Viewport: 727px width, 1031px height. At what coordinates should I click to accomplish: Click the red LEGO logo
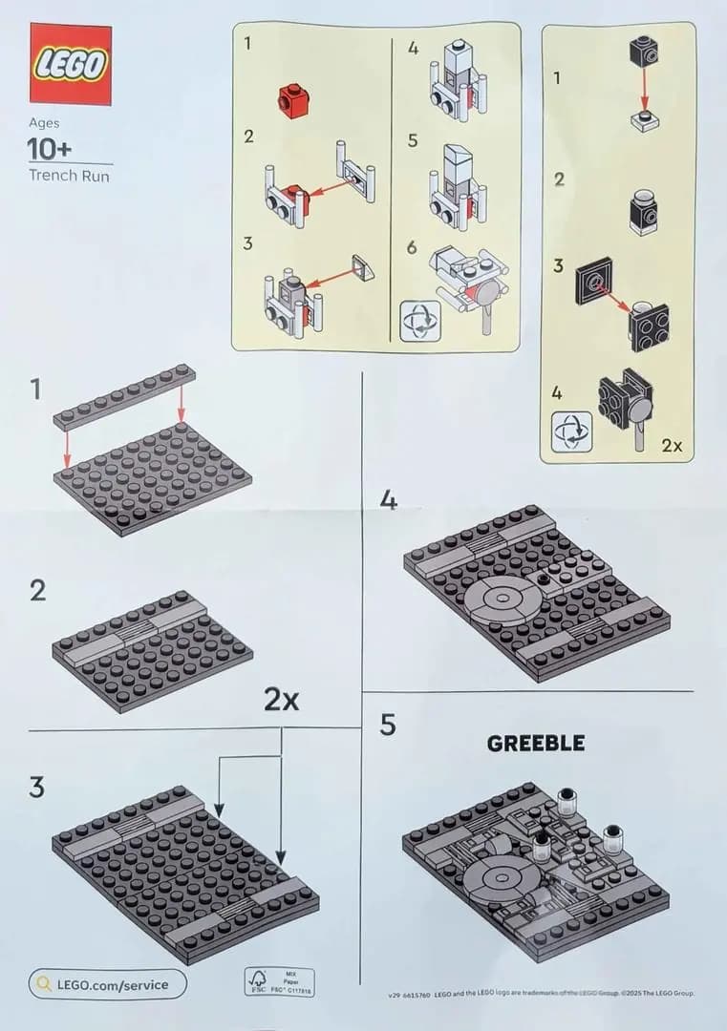click(70, 63)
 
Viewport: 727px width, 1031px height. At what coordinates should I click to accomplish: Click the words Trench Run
click(69, 176)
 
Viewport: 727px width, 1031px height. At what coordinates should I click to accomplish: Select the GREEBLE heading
click(535, 744)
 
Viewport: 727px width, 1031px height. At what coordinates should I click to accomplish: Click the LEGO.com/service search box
click(107, 983)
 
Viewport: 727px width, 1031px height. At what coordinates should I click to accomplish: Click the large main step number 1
click(35, 389)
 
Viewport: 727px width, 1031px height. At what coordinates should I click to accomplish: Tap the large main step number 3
click(36, 788)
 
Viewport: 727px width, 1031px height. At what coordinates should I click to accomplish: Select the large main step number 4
click(389, 499)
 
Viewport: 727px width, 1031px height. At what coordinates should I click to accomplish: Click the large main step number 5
click(387, 726)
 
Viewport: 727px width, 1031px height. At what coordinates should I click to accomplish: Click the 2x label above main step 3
click(282, 700)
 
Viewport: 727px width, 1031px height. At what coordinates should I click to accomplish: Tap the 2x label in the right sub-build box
click(672, 445)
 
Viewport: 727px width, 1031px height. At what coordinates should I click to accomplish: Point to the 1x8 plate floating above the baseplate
click(125, 395)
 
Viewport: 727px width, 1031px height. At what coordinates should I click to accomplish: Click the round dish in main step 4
click(506, 602)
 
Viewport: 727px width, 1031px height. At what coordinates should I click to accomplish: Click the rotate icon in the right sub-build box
click(571, 431)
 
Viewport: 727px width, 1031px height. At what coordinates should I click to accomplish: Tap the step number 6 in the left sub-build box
click(412, 247)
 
